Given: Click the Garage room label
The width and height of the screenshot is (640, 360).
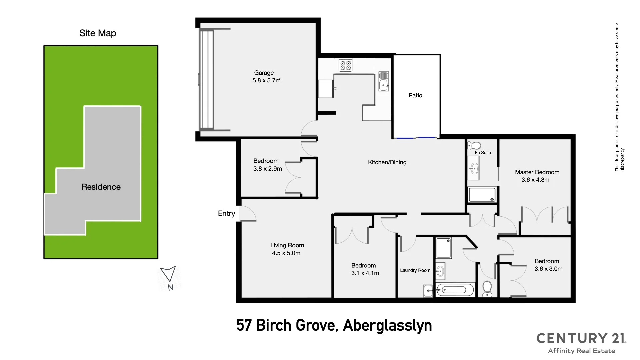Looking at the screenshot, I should point(264,73).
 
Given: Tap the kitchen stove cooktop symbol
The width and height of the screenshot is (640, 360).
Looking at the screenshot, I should point(345,65).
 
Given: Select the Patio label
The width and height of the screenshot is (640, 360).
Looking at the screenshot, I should point(415,95).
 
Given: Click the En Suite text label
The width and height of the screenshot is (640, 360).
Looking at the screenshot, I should point(483,153).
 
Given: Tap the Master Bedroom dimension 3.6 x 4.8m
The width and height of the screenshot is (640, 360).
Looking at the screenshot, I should point(535,180).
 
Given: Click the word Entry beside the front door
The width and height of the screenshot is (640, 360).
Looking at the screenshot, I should point(226,214).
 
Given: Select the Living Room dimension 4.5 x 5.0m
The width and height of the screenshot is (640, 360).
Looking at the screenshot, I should point(286,253).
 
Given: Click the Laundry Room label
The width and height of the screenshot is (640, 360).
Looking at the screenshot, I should point(415,270).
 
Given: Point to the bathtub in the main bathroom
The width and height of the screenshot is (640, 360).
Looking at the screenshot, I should point(455,290).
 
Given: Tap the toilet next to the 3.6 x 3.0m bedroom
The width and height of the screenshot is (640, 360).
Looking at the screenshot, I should point(487,288).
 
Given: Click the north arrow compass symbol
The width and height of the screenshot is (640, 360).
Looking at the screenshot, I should point(169,274).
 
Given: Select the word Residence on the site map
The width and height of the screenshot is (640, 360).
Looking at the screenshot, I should point(101,187).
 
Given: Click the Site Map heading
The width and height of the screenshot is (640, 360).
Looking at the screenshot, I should point(98,33).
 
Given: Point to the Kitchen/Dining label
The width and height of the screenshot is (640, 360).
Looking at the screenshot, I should point(387,162).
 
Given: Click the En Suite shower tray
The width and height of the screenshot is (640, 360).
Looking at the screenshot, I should point(482,195).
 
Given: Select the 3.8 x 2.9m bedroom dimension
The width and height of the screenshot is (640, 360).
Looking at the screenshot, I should point(267,169).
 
